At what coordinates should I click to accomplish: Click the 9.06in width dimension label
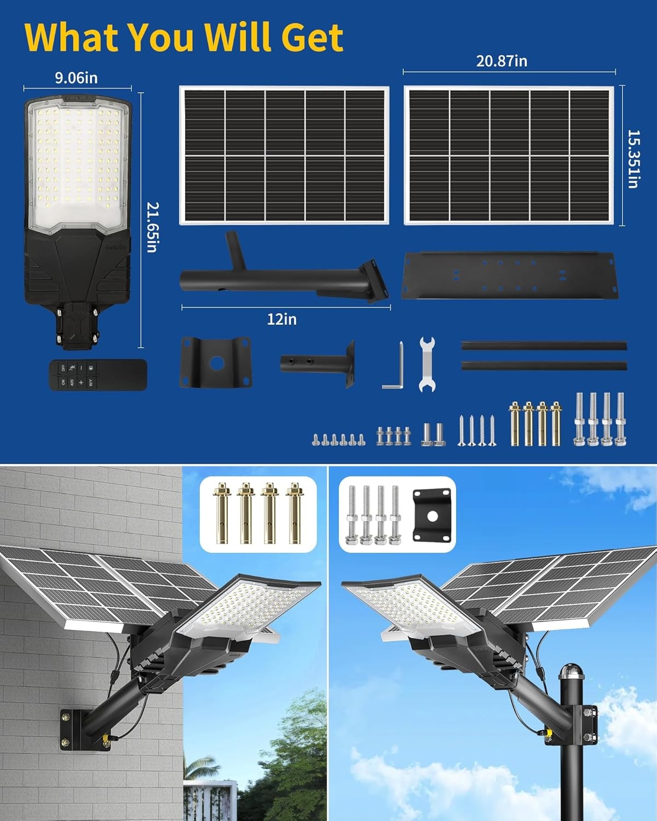point(76,78)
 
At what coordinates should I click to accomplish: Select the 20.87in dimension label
point(502,61)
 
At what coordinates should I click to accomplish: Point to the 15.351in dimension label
point(633,159)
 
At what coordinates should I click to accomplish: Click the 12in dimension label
point(282,319)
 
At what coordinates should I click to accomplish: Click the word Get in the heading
point(312,37)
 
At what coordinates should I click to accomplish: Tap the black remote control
point(98,375)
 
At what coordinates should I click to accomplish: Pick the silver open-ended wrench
point(427,364)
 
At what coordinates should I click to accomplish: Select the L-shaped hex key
point(394,367)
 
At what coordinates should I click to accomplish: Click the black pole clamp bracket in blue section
point(216,363)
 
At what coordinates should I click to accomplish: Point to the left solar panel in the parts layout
point(284,155)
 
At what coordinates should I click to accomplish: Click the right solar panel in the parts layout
point(509,155)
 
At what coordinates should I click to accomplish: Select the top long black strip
point(544,346)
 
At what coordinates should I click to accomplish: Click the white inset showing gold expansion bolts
point(258,514)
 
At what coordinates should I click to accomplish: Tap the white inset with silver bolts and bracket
point(397,514)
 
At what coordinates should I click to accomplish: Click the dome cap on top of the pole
point(571,678)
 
